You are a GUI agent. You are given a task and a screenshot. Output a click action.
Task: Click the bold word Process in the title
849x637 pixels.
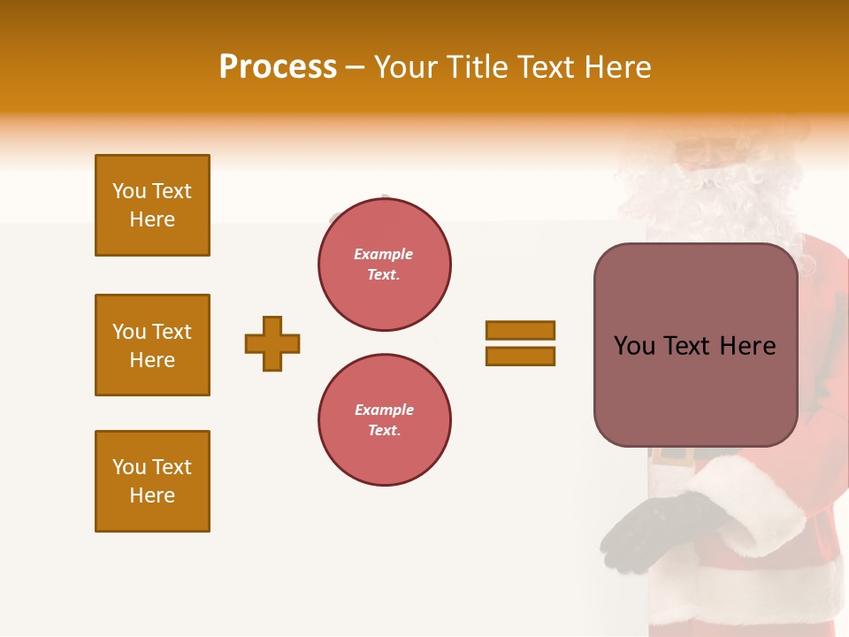click(x=278, y=67)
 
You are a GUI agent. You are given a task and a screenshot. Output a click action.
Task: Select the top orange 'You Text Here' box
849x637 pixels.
click(x=152, y=205)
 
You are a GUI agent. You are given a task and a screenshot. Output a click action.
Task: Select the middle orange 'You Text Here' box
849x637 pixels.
click(x=152, y=345)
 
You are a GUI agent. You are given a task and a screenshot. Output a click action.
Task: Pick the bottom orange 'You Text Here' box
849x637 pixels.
click(x=152, y=481)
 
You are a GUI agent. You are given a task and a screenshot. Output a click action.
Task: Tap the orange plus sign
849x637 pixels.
click(x=272, y=343)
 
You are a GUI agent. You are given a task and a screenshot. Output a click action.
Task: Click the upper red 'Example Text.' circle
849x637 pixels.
click(x=384, y=265)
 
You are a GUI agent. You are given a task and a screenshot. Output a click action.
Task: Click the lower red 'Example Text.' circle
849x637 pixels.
click(x=384, y=420)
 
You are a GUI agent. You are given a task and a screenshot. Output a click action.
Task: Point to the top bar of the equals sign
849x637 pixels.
click(x=520, y=330)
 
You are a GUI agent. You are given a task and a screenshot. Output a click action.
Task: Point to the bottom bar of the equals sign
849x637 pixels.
click(x=520, y=356)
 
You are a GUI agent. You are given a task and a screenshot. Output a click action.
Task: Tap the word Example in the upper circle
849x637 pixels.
click(x=384, y=254)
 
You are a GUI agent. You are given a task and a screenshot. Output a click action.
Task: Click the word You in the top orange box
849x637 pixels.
click(x=128, y=191)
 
